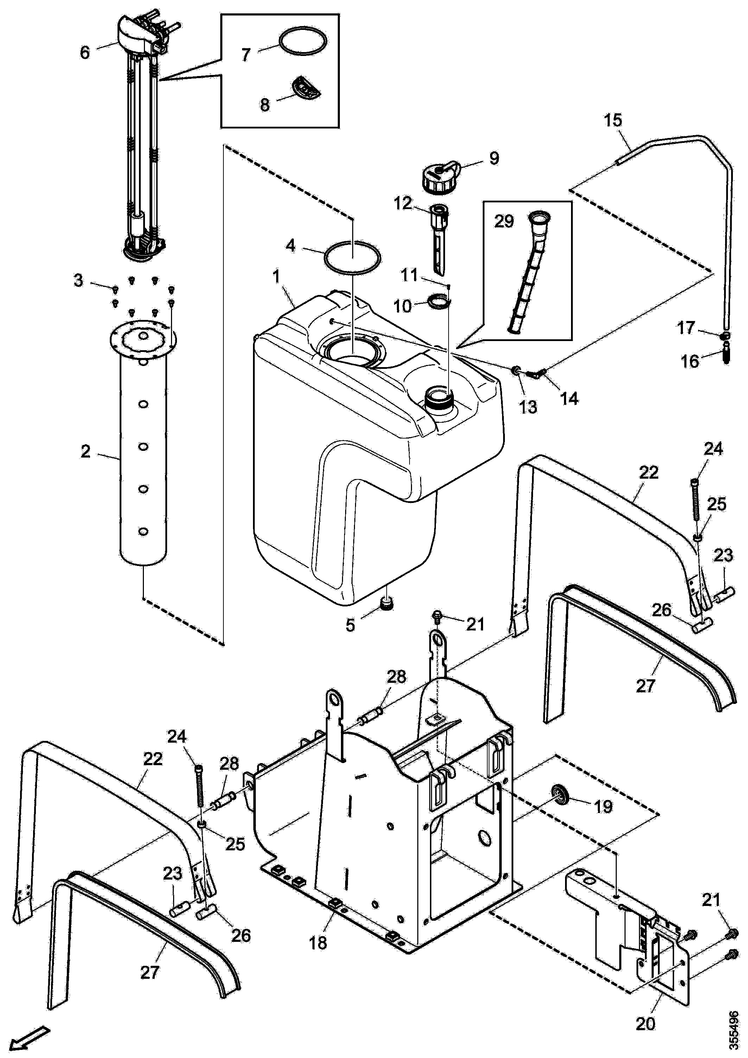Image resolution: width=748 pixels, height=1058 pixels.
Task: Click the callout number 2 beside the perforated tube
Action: coord(85,451)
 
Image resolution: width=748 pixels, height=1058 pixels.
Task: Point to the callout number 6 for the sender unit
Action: coord(85,52)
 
